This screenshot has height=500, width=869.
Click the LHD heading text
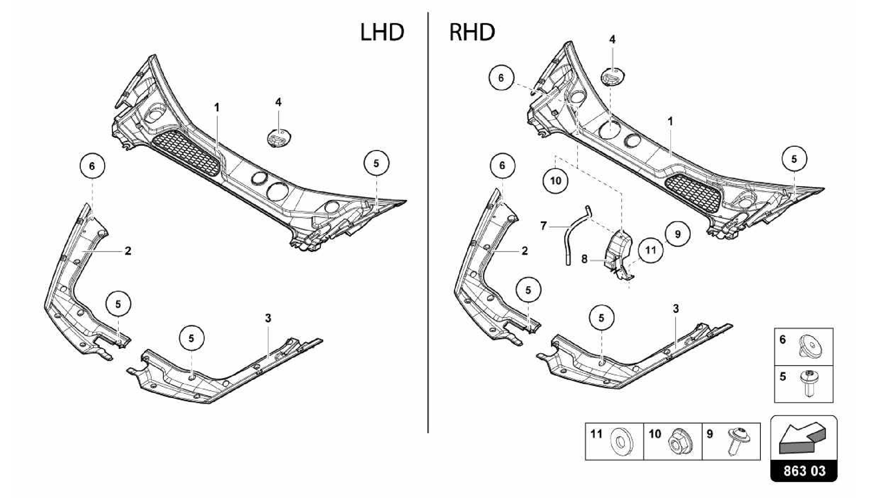click(x=382, y=33)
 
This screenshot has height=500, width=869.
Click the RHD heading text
click(x=472, y=33)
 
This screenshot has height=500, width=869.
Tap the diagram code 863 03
click(x=804, y=471)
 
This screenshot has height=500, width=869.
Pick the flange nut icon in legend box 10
click(x=678, y=443)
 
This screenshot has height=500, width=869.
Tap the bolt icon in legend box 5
click(x=807, y=383)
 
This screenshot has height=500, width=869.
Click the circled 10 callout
click(x=555, y=181)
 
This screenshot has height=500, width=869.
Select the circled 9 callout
click(x=677, y=234)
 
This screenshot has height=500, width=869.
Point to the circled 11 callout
click(x=650, y=250)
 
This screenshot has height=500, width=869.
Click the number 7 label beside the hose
click(x=544, y=226)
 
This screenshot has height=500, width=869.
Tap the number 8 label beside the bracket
click(x=585, y=259)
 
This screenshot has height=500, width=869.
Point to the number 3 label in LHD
click(x=268, y=318)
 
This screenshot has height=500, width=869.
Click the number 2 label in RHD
click(x=524, y=251)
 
